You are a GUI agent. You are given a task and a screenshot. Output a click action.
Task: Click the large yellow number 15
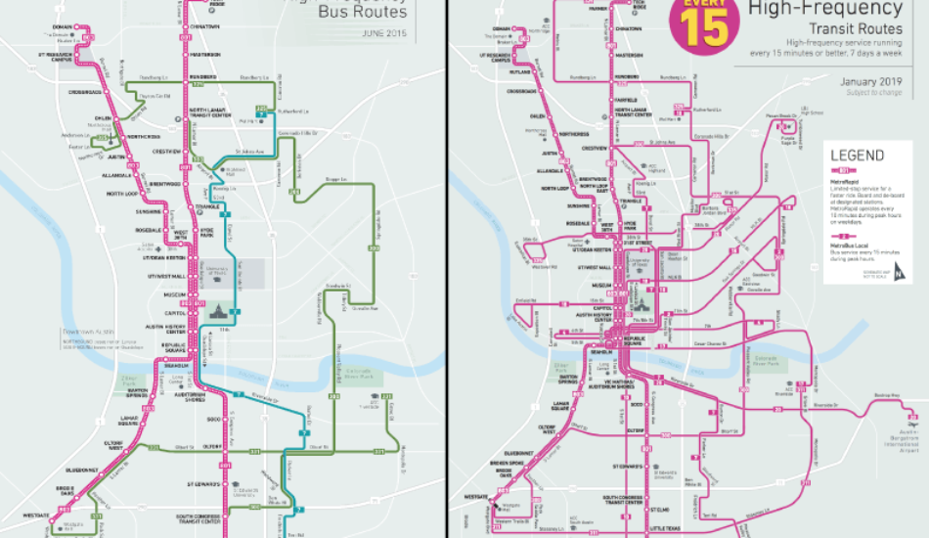coord(701,28)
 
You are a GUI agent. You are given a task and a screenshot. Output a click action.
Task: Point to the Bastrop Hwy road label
coord(885,395)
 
